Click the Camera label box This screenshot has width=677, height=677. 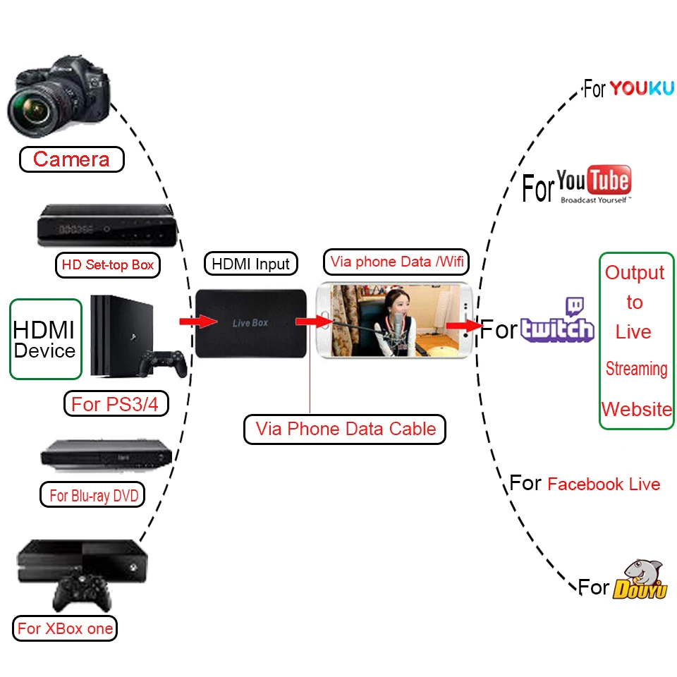click(71, 159)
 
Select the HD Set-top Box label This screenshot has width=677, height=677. click(108, 265)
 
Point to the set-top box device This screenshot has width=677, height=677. click(106, 226)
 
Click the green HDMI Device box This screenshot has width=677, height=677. click(44, 339)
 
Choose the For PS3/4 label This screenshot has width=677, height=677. click(115, 404)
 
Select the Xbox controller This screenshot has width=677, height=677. click(82, 594)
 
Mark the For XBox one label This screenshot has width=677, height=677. click(65, 628)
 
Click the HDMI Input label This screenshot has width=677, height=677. click(251, 264)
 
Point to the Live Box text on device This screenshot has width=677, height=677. click(250, 323)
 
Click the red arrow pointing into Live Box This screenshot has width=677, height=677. click(198, 322)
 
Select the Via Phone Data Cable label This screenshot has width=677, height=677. click(345, 429)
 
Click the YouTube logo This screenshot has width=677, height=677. click(594, 185)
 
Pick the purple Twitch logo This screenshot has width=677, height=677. click(558, 322)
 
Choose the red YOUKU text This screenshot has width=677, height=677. click(642, 88)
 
